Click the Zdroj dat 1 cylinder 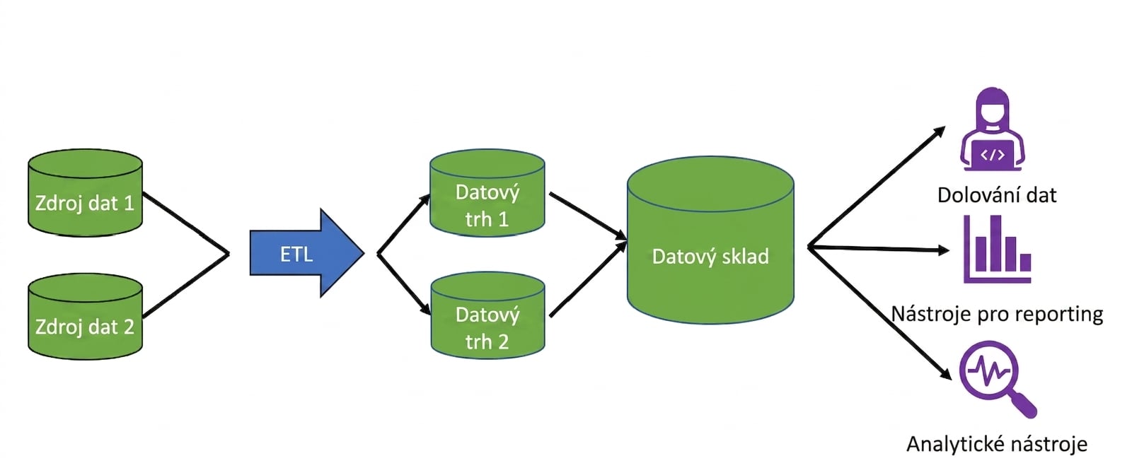pos(85,193)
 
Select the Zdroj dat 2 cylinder pos(85,317)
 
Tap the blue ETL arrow pos(307,253)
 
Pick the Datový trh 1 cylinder pos(487,193)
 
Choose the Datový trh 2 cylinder pos(487,315)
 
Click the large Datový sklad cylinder pos(710,240)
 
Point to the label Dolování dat pos(997,195)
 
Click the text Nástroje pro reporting pos(997,314)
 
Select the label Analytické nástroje pos(997,444)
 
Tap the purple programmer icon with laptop pos(993,129)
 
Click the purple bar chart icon pos(997,250)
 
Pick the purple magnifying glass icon pos(997,378)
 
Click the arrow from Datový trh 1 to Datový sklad pos(588,216)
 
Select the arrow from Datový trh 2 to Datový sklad pos(588,279)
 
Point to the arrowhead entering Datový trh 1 pos(424,199)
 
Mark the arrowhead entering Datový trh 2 pos(425,308)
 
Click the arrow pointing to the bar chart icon pos(878,248)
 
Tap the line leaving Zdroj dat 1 pos(186,223)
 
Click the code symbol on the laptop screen pos(993,154)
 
